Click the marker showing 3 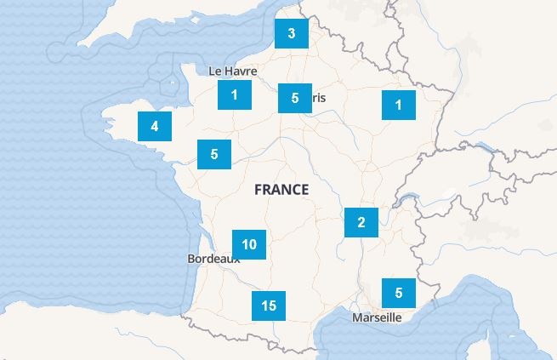(292, 34)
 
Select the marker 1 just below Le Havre (234, 94)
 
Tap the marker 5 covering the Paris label (295, 98)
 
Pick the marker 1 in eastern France (398, 106)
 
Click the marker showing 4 (155, 126)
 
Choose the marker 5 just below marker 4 (214, 154)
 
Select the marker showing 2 (361, 223)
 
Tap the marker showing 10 (249, 244)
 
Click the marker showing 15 (269, 306)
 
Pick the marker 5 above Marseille (399, 293)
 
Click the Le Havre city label (232, 71)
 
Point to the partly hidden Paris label (318, 98)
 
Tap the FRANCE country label (281, 190)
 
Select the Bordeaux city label (212, 258)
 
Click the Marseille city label (376, 317)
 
